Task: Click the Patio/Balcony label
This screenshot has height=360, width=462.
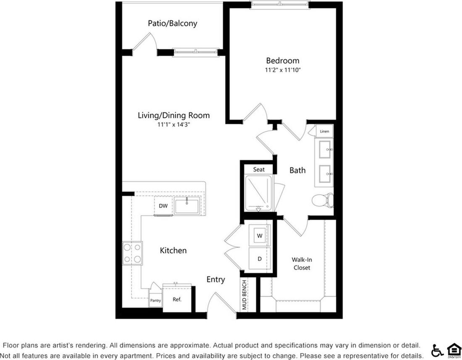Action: point(172,24)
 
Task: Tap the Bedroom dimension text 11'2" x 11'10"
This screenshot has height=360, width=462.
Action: point(282,71)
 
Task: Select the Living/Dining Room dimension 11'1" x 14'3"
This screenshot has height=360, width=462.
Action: point(174,125)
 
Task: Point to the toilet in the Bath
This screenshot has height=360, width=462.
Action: point(323,200)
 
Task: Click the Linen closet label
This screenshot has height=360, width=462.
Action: point(324,131)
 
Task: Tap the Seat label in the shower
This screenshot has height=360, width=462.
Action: point(259,169)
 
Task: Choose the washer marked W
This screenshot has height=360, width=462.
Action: point(260,236)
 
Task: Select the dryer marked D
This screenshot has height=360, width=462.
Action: point(260,259)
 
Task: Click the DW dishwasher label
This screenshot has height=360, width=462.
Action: point(163,206)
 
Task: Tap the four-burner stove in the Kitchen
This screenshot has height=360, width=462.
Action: point(132,253)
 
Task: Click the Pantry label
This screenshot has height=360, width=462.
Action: point(156,301)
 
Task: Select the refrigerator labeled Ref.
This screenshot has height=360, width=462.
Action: point(177,299)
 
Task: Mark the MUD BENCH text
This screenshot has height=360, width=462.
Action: point(244,296)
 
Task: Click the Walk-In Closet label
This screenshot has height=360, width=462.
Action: point(302,264)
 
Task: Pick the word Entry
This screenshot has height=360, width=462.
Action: point(216,280)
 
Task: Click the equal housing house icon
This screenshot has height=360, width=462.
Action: point(453,350)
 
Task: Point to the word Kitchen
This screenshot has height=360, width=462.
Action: point(173,250)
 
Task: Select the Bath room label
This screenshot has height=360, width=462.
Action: point(298,170)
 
